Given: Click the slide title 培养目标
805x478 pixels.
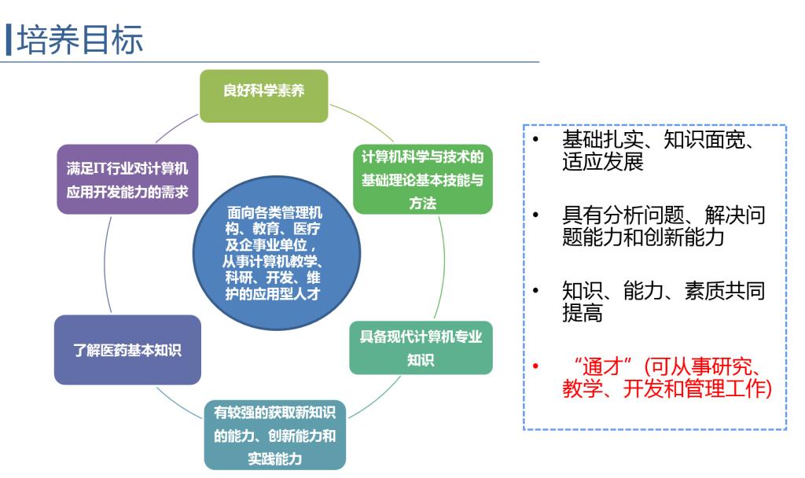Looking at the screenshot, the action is [x=79, y=39].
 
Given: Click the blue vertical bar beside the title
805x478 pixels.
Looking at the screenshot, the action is [x=8, y=39].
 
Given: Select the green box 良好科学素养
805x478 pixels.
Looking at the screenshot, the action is [x=264, y=96].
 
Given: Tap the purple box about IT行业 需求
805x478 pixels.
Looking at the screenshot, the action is [x=127, y=179].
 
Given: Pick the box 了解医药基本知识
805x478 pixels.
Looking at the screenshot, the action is [x=127, y=350].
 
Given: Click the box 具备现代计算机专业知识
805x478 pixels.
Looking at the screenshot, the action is [x=421, y=347].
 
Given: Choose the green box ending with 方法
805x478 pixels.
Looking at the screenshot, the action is [x=422, y=179].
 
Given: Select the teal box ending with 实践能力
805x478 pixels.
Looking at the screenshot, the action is [x=274, y=435].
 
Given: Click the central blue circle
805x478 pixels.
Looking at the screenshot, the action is [x=277, y=253].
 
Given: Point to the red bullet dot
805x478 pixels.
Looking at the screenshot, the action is [x=535, y=366].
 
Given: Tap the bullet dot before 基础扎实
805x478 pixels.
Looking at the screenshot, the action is [x=535, y=139].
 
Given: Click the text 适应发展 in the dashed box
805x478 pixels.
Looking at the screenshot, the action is [x=603, y=162].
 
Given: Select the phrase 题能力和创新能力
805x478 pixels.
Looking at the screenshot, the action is [x=643, y=237].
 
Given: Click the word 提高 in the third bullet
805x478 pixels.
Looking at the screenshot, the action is [x=583, y=313].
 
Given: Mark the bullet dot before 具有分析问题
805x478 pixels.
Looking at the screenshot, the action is [x=535, y=215].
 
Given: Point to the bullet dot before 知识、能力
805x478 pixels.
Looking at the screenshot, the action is [x=535, y=291].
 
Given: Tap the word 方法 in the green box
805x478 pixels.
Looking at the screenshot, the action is [x=422, y=204].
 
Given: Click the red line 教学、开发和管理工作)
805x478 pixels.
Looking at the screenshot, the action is [x=667, y=388].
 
